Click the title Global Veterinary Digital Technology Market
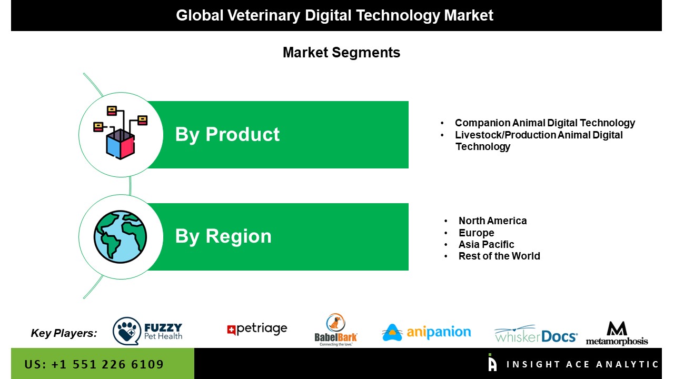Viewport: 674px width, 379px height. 334,15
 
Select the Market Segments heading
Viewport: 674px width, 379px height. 342,52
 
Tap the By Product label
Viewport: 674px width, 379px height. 227,134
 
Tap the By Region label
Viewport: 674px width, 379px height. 223,236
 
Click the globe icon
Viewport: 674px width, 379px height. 121,237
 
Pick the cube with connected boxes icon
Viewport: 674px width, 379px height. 121,133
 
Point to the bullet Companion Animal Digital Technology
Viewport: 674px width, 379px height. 545,123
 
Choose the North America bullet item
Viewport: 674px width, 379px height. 492,221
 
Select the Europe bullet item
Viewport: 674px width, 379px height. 477,233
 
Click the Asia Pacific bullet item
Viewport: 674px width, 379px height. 486,244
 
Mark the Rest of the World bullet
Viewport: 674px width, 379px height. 499,256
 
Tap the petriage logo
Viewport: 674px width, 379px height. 257,329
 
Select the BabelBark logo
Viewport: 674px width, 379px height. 336,330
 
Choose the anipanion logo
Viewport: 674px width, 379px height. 427,332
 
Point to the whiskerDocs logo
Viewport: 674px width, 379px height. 536,334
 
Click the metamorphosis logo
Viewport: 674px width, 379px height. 617,333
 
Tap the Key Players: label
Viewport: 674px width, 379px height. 64,333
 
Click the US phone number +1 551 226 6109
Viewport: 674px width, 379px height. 94,364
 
